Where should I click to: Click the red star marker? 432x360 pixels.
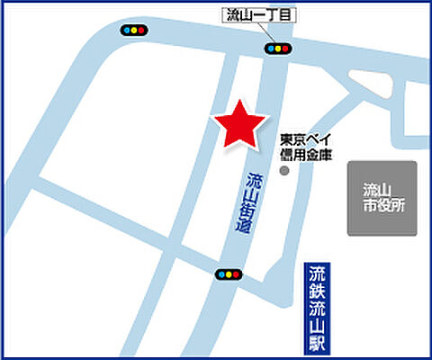point(238,124)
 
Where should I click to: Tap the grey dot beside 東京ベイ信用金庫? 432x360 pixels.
point(285,170)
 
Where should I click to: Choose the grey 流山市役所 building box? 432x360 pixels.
point(382,199)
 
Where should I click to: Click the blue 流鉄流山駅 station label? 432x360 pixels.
point(316,307)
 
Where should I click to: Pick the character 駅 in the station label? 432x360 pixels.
point(316,341)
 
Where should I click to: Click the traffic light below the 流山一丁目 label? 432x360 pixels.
point(276,49)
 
